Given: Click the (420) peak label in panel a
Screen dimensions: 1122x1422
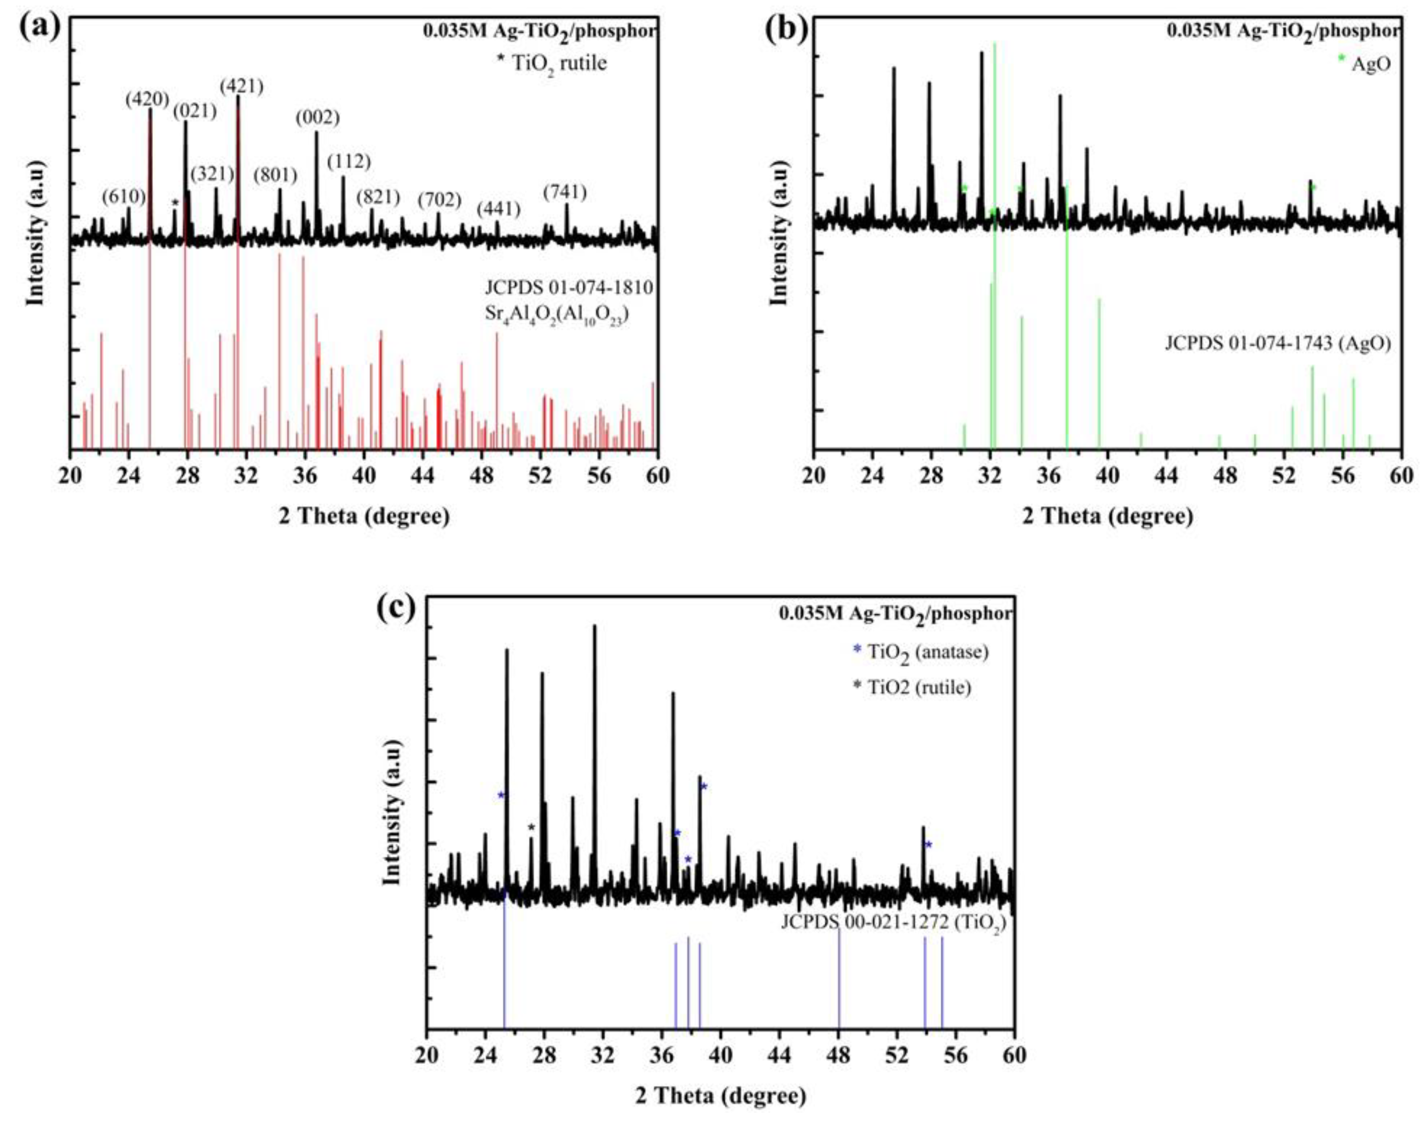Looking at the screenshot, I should pos(148,99).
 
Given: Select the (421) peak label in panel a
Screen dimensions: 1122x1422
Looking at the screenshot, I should pos(241,86).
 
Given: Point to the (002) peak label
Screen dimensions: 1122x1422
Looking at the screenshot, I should pos(317,118).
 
